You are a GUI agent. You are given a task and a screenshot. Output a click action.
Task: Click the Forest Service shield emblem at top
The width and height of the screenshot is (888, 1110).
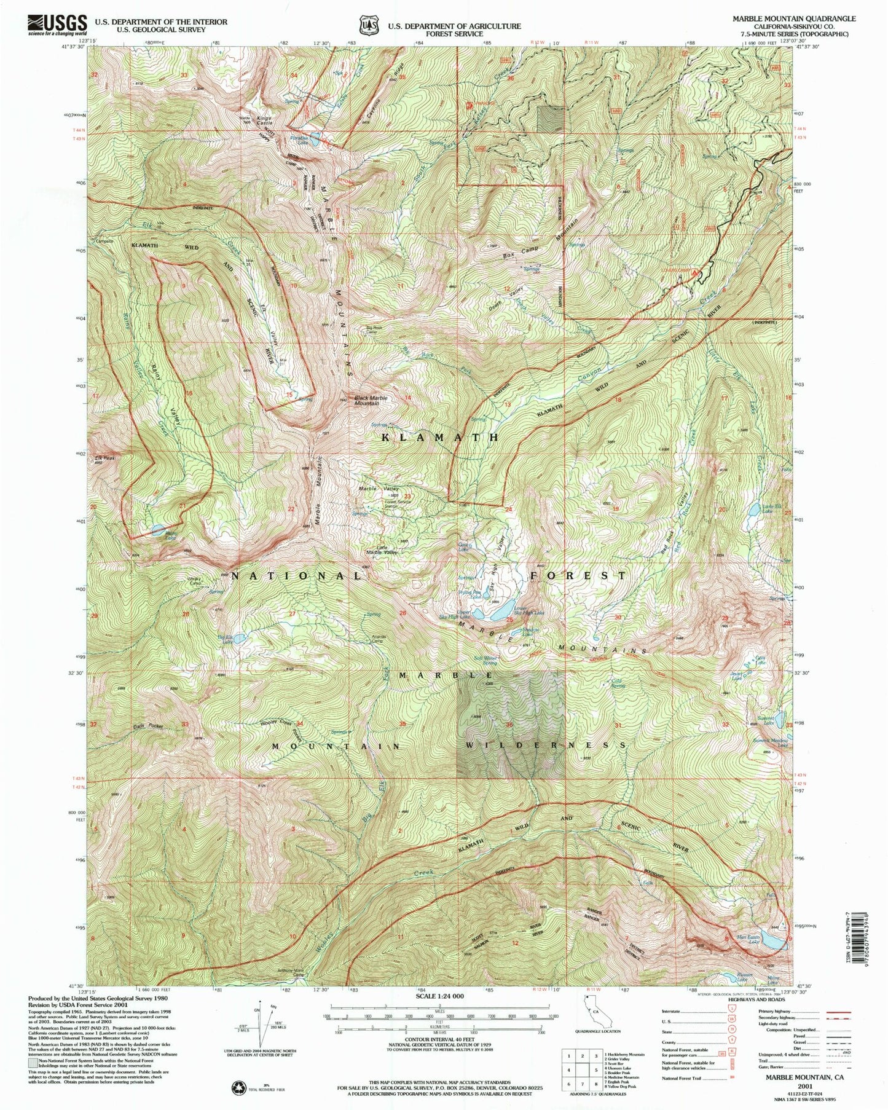(x=368, y=25)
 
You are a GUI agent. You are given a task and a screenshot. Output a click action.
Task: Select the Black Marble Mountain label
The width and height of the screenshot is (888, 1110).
(x=371, y=400)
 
